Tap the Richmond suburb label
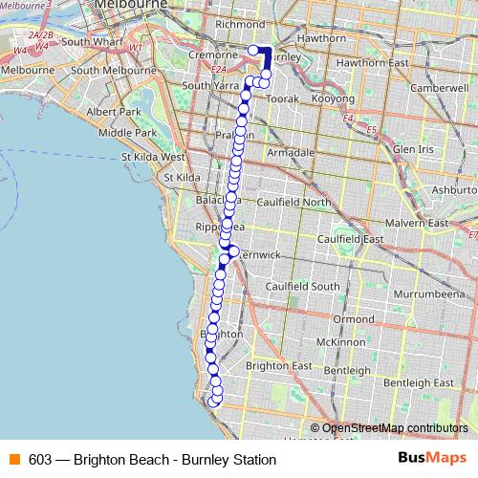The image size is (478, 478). (240, 23)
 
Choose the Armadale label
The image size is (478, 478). (290, 152)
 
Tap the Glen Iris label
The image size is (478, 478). (414, 150)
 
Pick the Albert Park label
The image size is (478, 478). (114, 111)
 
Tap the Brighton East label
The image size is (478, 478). (278, 366)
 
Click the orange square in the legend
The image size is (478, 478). (13, 460)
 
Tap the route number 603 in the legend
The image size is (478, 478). (40, 460)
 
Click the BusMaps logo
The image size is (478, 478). (430, 459)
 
